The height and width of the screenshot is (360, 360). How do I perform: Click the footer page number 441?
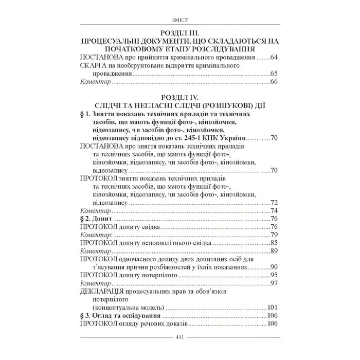[179, 337]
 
